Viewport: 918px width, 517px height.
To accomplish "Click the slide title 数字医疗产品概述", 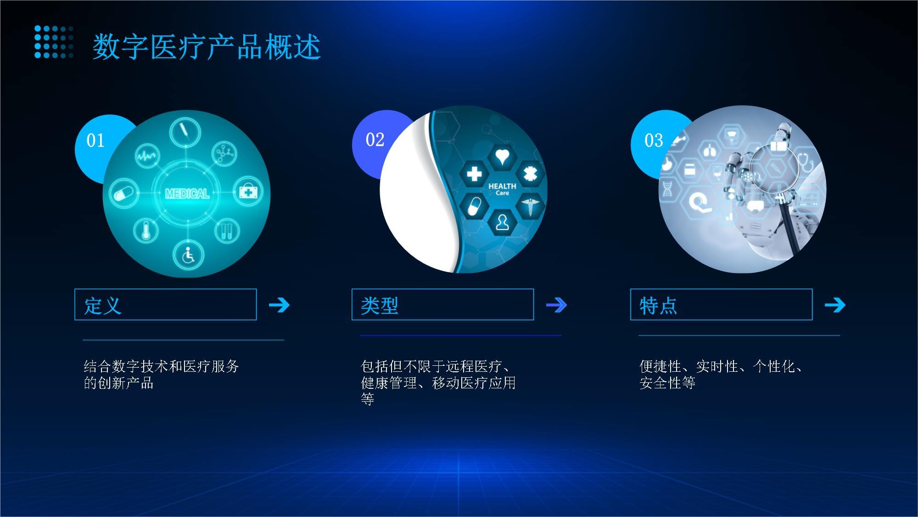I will click(206, 47).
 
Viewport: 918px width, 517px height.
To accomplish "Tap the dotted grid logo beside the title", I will click(54, 42).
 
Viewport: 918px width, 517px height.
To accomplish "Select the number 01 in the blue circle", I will click(95, 141).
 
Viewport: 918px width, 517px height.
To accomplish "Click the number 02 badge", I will click(375, 140).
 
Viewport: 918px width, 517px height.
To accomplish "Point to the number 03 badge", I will click(653, 141).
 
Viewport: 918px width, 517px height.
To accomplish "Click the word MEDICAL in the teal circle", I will click(187, 193).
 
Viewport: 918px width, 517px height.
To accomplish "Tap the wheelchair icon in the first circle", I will click(188, 255).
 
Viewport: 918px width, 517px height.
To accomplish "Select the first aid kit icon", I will click(248, 191).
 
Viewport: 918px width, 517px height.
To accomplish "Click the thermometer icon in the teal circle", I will click(146, 230).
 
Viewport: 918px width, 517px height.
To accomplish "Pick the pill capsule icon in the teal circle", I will click(123, 193).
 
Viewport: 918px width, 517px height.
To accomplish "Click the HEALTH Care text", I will click(502, 189).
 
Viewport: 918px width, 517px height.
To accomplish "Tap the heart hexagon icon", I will click(502, 156).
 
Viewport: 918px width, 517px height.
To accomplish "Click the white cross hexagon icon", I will click(474, 174).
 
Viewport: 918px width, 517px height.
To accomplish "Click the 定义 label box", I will click(165, 304).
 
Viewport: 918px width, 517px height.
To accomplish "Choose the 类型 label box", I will click(442, 304).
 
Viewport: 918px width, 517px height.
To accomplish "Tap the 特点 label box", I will click(721, 304).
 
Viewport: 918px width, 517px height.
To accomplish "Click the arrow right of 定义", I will click(279, 305).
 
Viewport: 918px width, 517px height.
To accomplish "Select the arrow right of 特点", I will click(834, 305).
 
